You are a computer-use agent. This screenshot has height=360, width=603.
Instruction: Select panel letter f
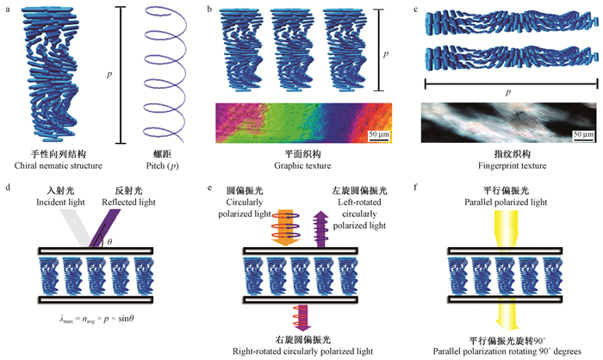(x=419, y=183)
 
